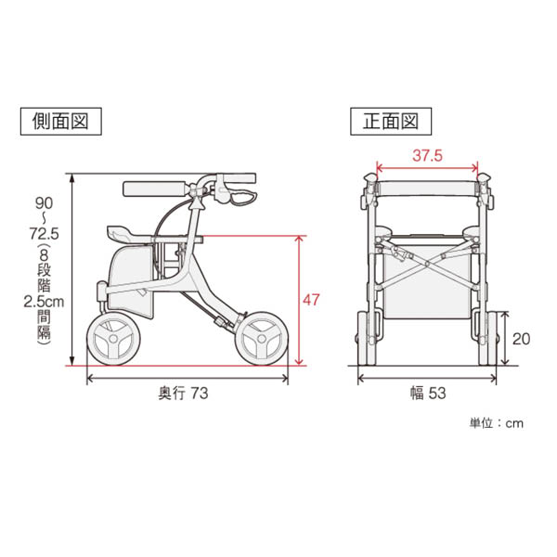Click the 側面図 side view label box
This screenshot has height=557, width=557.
60,122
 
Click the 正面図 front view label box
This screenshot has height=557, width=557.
391,122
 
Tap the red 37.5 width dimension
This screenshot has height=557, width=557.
427,156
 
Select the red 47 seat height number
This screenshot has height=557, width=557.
311,300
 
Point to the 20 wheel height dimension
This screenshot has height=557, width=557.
521,339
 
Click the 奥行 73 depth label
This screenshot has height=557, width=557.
183,394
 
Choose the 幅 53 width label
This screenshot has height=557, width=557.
428,394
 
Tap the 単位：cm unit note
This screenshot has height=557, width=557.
497,423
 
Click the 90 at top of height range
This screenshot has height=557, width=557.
44,203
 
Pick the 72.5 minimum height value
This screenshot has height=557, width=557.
44,234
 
